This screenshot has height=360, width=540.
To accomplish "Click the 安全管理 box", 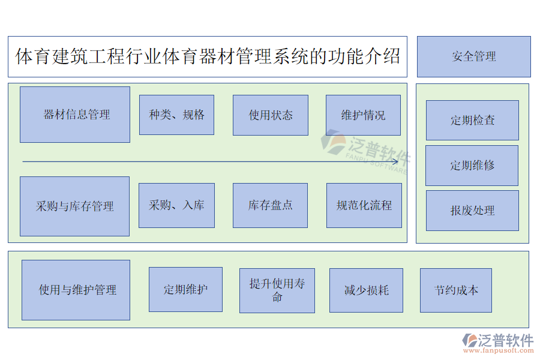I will pyautogui.click(x=473, y=56).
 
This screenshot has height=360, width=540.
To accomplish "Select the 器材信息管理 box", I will pyautogui.click(x=75, y=115).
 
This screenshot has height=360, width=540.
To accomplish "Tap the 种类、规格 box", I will pyautogui.click(x=176, y=115).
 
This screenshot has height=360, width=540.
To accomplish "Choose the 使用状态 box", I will pyautogui.click(x=271, y=115).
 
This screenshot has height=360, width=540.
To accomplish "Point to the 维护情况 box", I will pyautogui.click(x=363, y=115).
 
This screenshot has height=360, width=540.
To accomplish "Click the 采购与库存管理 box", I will pyautogui.click(x=74, y=206).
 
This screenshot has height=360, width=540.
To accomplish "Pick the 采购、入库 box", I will pyautogui.click(x=176, y=205).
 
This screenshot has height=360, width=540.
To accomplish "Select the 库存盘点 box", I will pyautogui.click(x=270, y=205).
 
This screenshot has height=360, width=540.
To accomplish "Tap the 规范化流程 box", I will pyautogui.click(x=364, y=205).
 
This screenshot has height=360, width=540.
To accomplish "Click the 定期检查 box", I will pyautogui.click(x=472, y=120).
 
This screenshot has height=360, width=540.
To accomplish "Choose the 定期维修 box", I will pyautogui.click(x=472, y=165).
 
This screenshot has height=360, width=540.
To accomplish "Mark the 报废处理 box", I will pyautogui.click(x=472, y=211).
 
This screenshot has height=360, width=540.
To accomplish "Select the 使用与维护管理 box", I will pyautogui.click(x=76, y=290).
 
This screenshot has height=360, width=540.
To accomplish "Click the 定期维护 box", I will pyautogui.click(x=185, y=289).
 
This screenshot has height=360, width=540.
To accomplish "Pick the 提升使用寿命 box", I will pyautogui.click(x=277, y=290).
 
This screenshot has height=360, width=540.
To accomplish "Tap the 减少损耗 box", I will pyautogui.click(x=366, y=290).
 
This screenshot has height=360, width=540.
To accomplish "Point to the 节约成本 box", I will pyautogui.click(x=456, y=290).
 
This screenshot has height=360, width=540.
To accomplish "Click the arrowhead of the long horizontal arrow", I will pyautogui.click(x=395, y=161).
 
